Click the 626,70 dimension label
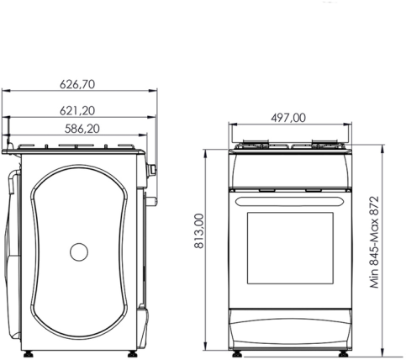click(77, 84)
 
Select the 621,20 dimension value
click(77, 111)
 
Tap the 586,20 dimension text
click(82, 129)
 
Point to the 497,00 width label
click(288, 118)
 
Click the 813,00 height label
click(199, 230)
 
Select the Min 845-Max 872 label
click(374, 242)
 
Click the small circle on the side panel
click(79, 252)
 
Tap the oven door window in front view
click(290, 248)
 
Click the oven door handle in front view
click(290, 202)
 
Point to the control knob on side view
click(153, 169)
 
